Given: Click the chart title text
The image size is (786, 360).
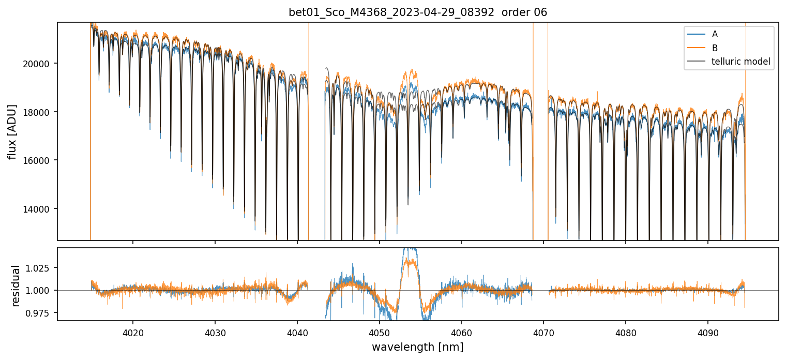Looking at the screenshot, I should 418,12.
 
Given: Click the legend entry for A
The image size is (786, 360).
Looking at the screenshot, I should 715,34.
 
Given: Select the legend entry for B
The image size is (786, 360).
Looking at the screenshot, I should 715,48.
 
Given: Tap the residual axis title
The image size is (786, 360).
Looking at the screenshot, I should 16,286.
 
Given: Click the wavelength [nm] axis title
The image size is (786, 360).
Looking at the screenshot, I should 417,347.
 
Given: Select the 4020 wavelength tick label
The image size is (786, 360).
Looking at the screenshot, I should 133,332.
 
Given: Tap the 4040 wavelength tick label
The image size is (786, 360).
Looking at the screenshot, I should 297,332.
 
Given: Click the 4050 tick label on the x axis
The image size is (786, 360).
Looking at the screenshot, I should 379,332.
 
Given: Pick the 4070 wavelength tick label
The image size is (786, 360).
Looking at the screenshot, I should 543,332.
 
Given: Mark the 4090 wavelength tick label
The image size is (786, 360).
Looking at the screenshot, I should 708,332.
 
